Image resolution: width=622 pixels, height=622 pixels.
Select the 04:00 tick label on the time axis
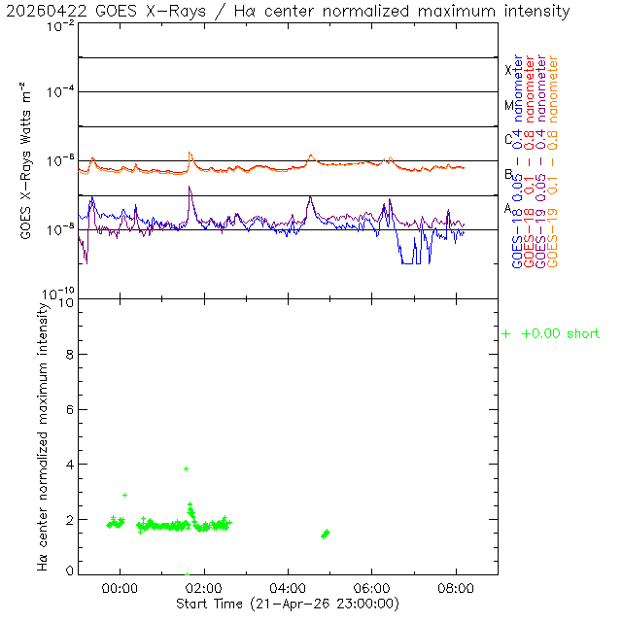[288, 588]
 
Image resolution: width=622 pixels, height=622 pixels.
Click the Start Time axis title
[288, 604]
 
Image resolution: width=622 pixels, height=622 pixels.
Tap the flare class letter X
[508, 70]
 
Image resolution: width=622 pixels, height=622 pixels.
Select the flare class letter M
[508, 105]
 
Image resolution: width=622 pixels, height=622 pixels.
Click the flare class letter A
[508, 208]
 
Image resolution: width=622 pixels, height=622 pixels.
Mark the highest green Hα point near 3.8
[186, 468]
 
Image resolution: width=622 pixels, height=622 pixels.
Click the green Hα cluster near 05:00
[326, 534]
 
